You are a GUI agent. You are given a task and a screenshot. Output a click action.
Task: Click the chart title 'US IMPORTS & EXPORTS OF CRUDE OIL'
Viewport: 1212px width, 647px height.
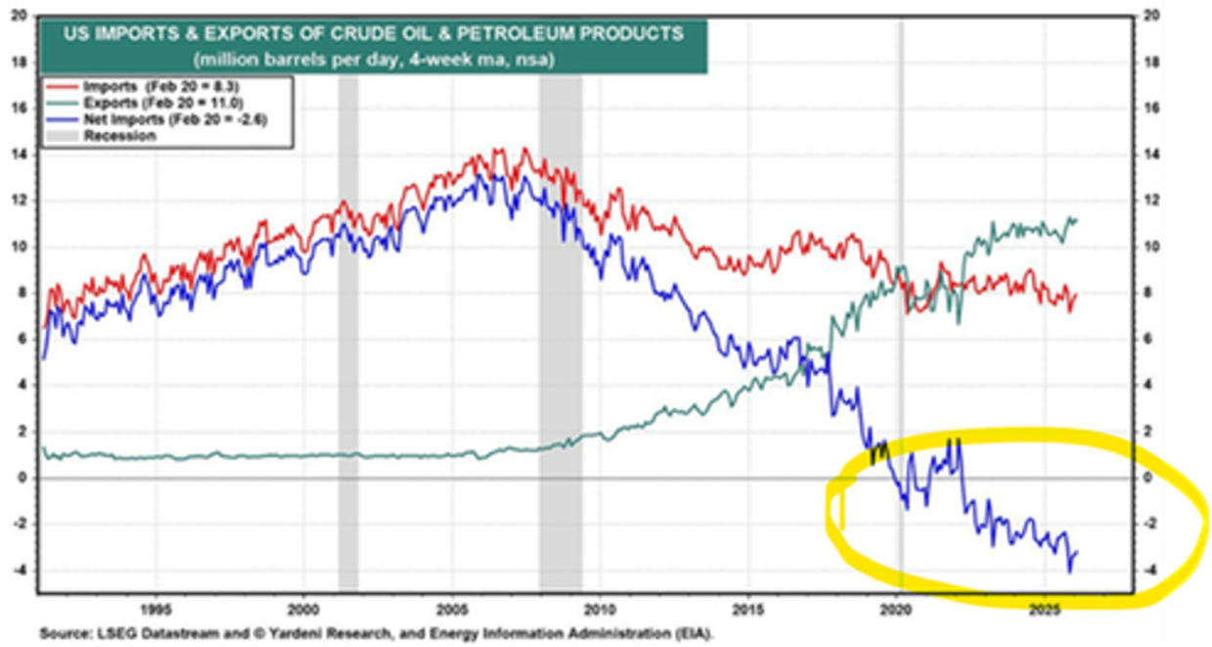point(374,34)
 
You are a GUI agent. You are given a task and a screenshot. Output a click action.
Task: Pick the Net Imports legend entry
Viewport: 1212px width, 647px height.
point(157,118)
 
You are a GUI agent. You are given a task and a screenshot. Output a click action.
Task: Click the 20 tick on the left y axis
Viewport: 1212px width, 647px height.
point(18,16)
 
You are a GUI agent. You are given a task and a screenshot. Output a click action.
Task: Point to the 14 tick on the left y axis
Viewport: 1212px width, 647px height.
point(18,155)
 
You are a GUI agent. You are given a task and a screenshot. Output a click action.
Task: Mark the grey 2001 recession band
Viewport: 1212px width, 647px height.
point(348,333)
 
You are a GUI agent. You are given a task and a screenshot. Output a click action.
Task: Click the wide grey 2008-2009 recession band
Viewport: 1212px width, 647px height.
point(561,333)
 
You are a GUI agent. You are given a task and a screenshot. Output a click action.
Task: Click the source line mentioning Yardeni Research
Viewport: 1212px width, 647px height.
point(377,634)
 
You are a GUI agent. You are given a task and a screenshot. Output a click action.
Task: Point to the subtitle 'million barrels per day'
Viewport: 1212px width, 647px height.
point(374,59)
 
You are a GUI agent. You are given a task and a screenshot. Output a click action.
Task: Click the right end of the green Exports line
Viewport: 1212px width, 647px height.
point(1076,219)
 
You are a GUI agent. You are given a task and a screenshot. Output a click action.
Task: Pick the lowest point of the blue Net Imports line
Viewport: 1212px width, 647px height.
point(1070,571)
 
